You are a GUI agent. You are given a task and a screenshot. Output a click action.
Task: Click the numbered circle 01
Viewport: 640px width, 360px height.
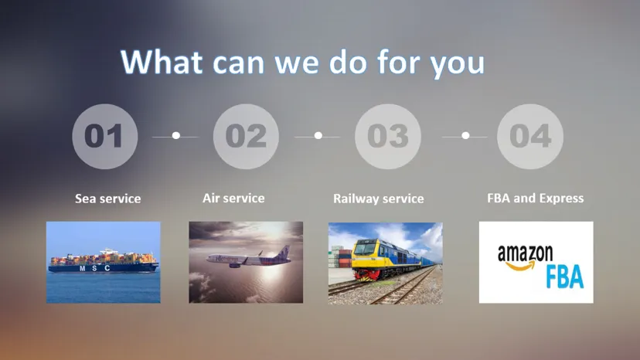[104, 137]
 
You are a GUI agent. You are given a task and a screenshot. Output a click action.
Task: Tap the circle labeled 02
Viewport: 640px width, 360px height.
[246, 137]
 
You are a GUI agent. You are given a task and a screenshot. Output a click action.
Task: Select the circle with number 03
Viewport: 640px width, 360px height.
[387, 137]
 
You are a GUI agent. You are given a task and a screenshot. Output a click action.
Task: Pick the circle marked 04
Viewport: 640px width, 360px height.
[529, 137]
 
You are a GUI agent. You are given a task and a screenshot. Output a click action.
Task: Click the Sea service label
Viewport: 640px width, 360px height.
[107, 199]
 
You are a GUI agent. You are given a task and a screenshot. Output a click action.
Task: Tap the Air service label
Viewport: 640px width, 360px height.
[233, 198]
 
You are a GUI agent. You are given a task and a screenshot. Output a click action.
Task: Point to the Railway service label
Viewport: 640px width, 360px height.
[378, 199]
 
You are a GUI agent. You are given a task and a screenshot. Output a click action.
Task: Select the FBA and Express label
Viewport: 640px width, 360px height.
[535, 198]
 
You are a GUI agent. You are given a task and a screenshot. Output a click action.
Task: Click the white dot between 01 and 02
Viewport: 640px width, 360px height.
[175, 136]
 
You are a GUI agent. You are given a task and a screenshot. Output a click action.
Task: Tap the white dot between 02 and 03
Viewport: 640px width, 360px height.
[318, 136]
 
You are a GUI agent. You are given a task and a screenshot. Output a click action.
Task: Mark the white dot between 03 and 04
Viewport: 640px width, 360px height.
[465, 136]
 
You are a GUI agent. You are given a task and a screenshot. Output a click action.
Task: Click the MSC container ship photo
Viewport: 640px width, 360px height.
[103, 262]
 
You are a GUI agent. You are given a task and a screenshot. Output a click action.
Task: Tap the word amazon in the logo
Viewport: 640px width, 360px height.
[525, 253]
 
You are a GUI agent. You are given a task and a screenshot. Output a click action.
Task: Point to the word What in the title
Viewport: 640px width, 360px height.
[165, 61]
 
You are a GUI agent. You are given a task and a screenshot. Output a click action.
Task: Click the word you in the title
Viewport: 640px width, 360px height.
[457, 63]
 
